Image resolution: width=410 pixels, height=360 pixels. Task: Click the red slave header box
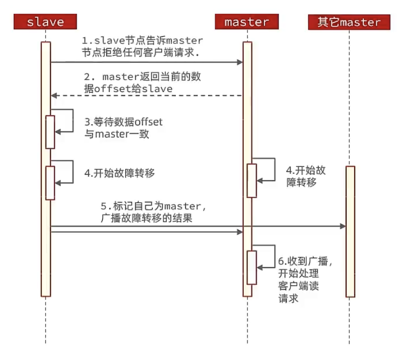[45, 21]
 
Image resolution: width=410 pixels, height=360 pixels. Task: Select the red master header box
[247, 21]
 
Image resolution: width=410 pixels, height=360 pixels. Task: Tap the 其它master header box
[349, 22]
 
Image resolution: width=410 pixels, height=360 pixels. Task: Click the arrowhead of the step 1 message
[240, 62]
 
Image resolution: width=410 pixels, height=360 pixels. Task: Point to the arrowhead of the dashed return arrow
[54, 96]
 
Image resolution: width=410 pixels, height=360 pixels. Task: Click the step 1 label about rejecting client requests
[142, 47]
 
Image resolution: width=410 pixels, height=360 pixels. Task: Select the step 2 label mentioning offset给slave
[142, 83]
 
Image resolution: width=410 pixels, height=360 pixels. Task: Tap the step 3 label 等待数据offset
[123, 128]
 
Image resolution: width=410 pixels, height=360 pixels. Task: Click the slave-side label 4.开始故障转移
[120, 173]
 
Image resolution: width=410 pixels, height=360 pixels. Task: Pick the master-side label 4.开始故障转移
[306, 176]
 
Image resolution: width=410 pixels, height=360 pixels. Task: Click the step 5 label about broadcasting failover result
[153, 212]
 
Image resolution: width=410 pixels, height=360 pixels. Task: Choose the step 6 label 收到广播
[305, 279]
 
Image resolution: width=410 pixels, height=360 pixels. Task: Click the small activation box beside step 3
[50, 132]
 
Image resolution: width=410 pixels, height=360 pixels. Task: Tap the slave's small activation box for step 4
[50, 183]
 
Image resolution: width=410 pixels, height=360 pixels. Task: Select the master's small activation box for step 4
[252, 181]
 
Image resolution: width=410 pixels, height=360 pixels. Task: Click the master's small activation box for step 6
[252, 267]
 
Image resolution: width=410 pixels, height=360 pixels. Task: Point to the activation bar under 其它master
[350, 232]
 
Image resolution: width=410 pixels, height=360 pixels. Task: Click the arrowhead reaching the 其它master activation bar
[343, 227]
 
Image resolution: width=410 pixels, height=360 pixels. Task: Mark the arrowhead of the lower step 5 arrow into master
[240, 232]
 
